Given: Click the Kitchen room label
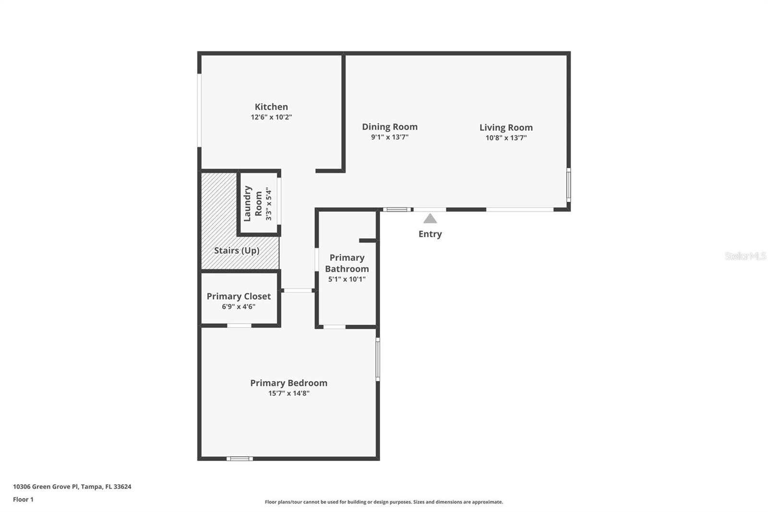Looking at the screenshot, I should pos(271,107).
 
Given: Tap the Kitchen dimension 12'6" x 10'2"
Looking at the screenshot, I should pos(271,117).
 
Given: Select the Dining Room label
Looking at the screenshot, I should pos(389,127).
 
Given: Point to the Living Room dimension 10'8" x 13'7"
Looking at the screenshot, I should pos(506,138).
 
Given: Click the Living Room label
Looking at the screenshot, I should pos(506,127).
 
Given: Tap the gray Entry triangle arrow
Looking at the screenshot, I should pos(430,219).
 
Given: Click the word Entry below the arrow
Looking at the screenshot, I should pos(430,234).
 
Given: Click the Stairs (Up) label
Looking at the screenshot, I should pos(237,250).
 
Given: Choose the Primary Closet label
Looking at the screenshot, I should pos(239,296).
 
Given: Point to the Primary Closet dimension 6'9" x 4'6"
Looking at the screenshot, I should pos(239,306).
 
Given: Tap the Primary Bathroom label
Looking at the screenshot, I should pos(347,263).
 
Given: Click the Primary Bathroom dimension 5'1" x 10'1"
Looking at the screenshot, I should pos(347,279).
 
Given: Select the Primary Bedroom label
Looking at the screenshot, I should pos(288,383).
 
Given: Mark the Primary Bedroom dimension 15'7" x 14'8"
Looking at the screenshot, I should pos(288,393).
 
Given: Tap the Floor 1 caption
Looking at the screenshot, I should pos(23,500).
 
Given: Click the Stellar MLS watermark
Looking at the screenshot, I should pos(745,256).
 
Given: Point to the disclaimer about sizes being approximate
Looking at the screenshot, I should pos(384,502).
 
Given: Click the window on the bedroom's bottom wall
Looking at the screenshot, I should pos(240,459).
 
